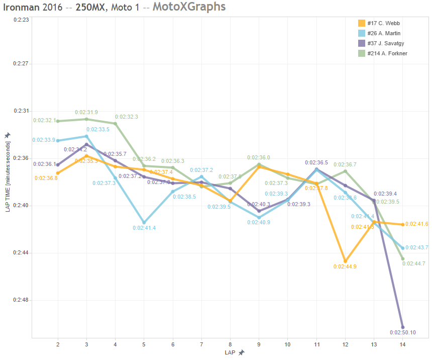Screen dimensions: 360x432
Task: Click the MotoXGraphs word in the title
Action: (189, 7)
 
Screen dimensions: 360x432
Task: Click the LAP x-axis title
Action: (230, 352)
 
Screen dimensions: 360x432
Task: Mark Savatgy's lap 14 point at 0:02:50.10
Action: (402, 327)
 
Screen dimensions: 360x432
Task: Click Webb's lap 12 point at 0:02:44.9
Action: (345, 261)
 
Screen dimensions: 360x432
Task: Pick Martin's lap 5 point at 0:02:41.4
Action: (144, 222)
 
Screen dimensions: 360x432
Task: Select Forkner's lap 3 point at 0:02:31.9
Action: (86, 119)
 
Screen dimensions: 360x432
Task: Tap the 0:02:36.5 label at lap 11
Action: (316, 162)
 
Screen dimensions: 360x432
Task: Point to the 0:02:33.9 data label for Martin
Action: (44, 140)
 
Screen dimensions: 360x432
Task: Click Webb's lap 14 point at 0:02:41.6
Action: (402, 224)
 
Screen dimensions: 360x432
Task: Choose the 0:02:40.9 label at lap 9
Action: (259, 222)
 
